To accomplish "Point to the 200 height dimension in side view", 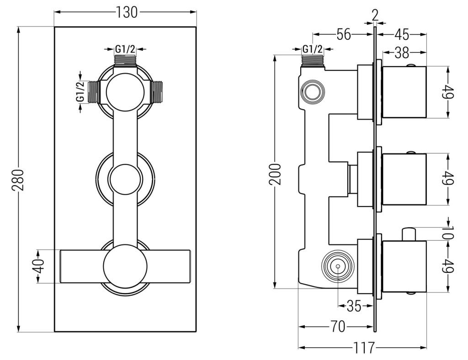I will (275, 175).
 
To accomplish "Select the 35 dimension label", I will (354, 306).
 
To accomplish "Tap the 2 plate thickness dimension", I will (375, 15).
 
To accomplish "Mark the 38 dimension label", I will (402, 53).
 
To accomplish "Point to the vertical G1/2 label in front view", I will (80, 91).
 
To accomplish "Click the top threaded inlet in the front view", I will (125, 60).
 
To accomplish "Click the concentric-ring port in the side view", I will (337, 266).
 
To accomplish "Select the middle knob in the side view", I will (404, 179).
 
